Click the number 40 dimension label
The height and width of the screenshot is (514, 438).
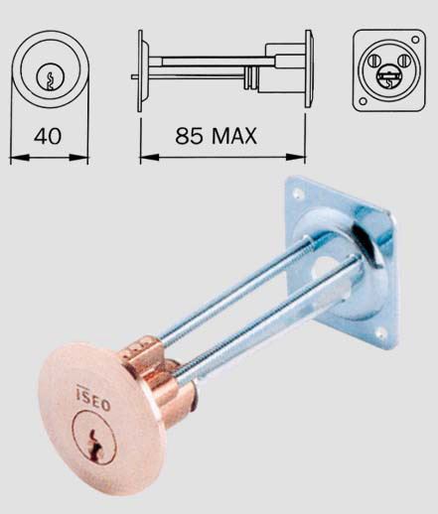click(48, 136)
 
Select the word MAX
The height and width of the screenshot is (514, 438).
click(234, 136)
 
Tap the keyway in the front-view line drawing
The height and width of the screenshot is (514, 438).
click(51, 80)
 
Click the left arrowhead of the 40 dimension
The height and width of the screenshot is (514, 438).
click(20, 158)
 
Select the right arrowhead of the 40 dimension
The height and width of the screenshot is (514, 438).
click(78, 158)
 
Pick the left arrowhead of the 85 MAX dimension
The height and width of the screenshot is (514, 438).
click(150, 158)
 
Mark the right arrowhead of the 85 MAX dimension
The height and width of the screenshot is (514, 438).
click(295, 158)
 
